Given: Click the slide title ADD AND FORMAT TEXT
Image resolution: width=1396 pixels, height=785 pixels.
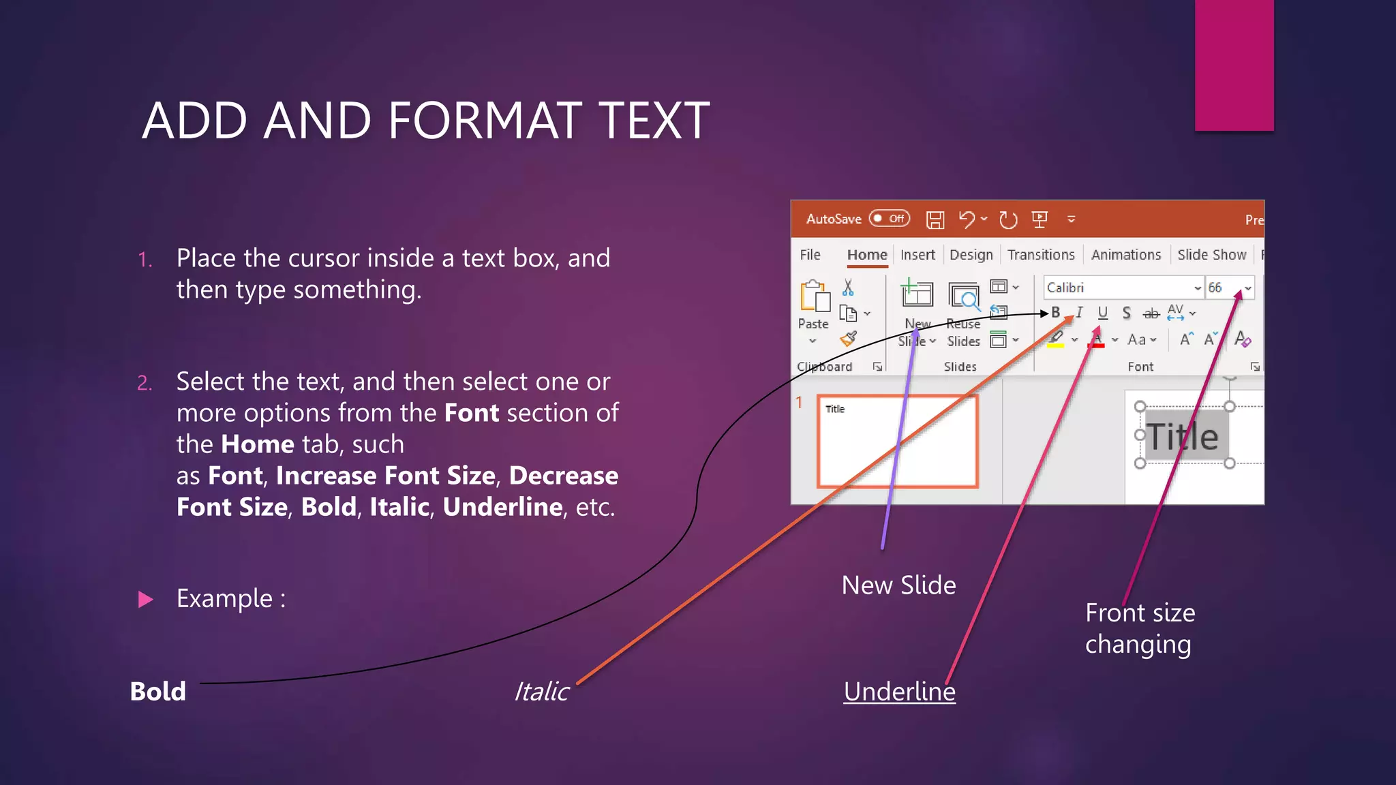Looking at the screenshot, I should [426, 121].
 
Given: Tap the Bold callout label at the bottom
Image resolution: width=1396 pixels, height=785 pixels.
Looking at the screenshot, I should [157, 691].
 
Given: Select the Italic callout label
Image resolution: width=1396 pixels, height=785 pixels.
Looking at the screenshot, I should [541, 691].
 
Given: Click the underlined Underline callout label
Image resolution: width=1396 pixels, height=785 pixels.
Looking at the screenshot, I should [899, 691].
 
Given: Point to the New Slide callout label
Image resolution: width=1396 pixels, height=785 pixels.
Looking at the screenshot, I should [898, 585].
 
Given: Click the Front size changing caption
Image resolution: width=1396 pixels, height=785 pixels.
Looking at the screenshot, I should [1140, 628].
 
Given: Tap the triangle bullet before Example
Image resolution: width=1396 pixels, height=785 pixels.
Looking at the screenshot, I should [145, 599].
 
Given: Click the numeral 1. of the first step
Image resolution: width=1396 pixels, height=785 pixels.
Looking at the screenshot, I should [145, 260].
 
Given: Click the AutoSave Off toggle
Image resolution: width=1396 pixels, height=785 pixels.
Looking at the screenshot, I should [890, 219].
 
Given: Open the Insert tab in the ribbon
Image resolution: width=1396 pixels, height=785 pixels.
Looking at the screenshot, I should [917, 255].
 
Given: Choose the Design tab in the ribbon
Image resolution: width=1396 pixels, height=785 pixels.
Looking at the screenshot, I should [971, 255].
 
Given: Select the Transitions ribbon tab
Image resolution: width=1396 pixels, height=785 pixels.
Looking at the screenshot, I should [1041, 255].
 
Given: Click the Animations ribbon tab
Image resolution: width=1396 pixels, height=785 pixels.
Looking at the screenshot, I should [1125, 255].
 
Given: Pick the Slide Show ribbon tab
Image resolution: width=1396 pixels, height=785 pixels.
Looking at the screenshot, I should [1211, 255].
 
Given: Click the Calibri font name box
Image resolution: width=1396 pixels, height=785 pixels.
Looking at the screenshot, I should [1118, 288].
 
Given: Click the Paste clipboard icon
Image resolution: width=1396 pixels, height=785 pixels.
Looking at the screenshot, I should [815, 297].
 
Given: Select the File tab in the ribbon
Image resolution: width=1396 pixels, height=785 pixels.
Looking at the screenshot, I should [810, 255].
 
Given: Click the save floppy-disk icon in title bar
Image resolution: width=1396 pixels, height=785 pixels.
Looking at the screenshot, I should [935, 219].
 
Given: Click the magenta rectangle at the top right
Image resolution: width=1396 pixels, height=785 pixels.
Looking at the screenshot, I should [1234, 65].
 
